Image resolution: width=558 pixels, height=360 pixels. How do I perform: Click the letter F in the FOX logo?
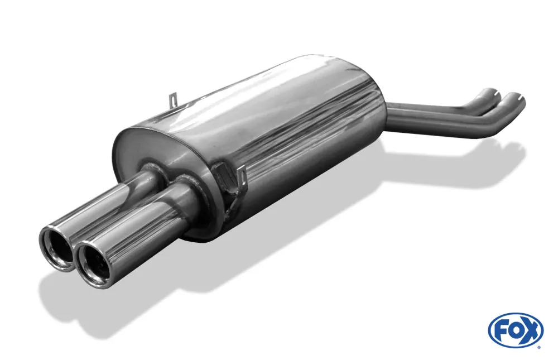coord(501,330)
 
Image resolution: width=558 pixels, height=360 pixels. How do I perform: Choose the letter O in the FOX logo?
coord(514,330)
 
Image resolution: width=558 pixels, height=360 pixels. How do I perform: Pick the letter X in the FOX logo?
coord(530,330)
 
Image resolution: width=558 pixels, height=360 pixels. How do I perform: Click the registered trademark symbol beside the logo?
coord(540,347)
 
